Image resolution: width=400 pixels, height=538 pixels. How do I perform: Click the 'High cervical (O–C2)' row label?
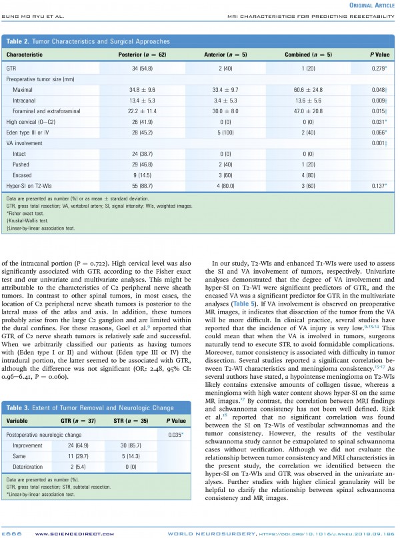(x=30, y=122)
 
